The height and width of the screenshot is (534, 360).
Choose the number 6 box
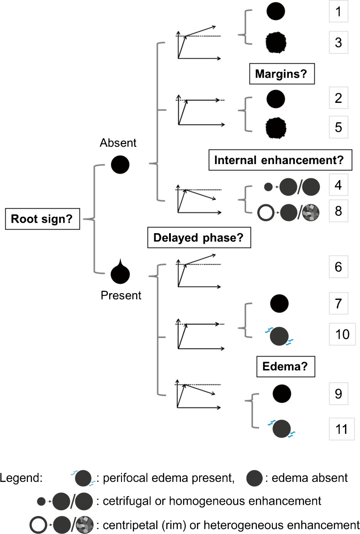(338, 267)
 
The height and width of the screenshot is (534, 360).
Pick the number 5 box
(338, 126)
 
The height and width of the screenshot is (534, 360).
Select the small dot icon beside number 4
(269, 187)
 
